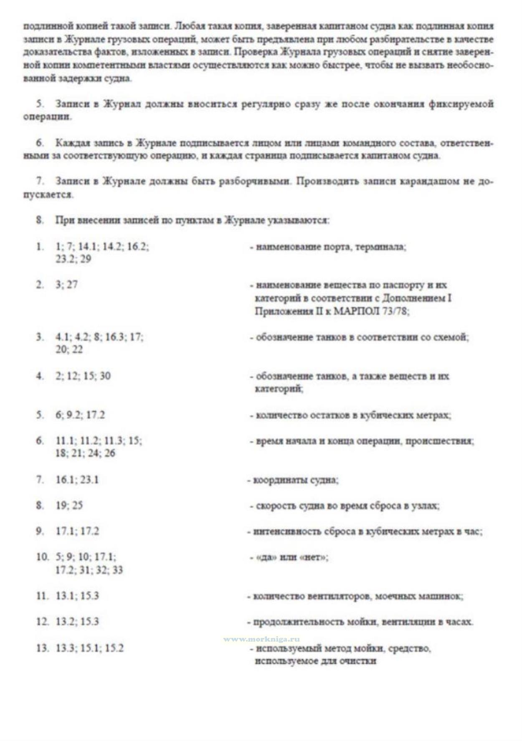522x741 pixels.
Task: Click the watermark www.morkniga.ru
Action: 261,639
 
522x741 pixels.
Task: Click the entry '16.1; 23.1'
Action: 77,480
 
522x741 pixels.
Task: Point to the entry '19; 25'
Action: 69,506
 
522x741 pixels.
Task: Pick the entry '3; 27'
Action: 66,285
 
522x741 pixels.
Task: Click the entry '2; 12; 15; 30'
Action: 83,376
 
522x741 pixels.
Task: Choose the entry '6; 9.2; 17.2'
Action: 80,415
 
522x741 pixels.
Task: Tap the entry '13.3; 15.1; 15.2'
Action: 90,648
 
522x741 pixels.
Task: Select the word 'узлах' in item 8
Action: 426,506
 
